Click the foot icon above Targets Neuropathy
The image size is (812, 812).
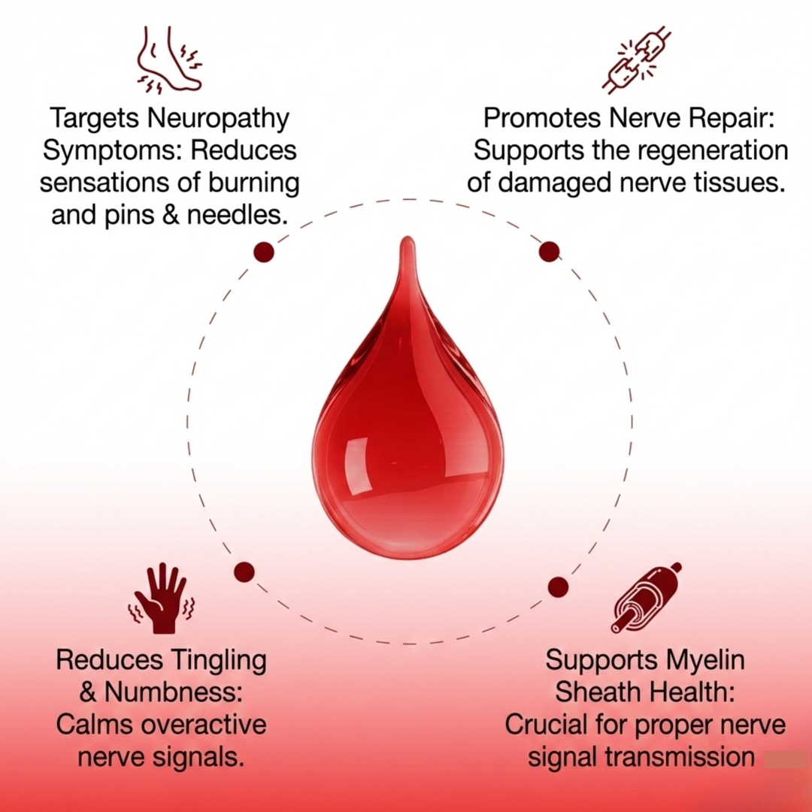169,60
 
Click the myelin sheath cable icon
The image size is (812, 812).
646,597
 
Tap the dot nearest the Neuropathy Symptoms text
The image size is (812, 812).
264,252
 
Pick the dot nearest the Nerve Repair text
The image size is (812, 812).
550,251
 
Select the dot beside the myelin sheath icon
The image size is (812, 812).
558,586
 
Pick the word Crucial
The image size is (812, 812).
553,726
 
